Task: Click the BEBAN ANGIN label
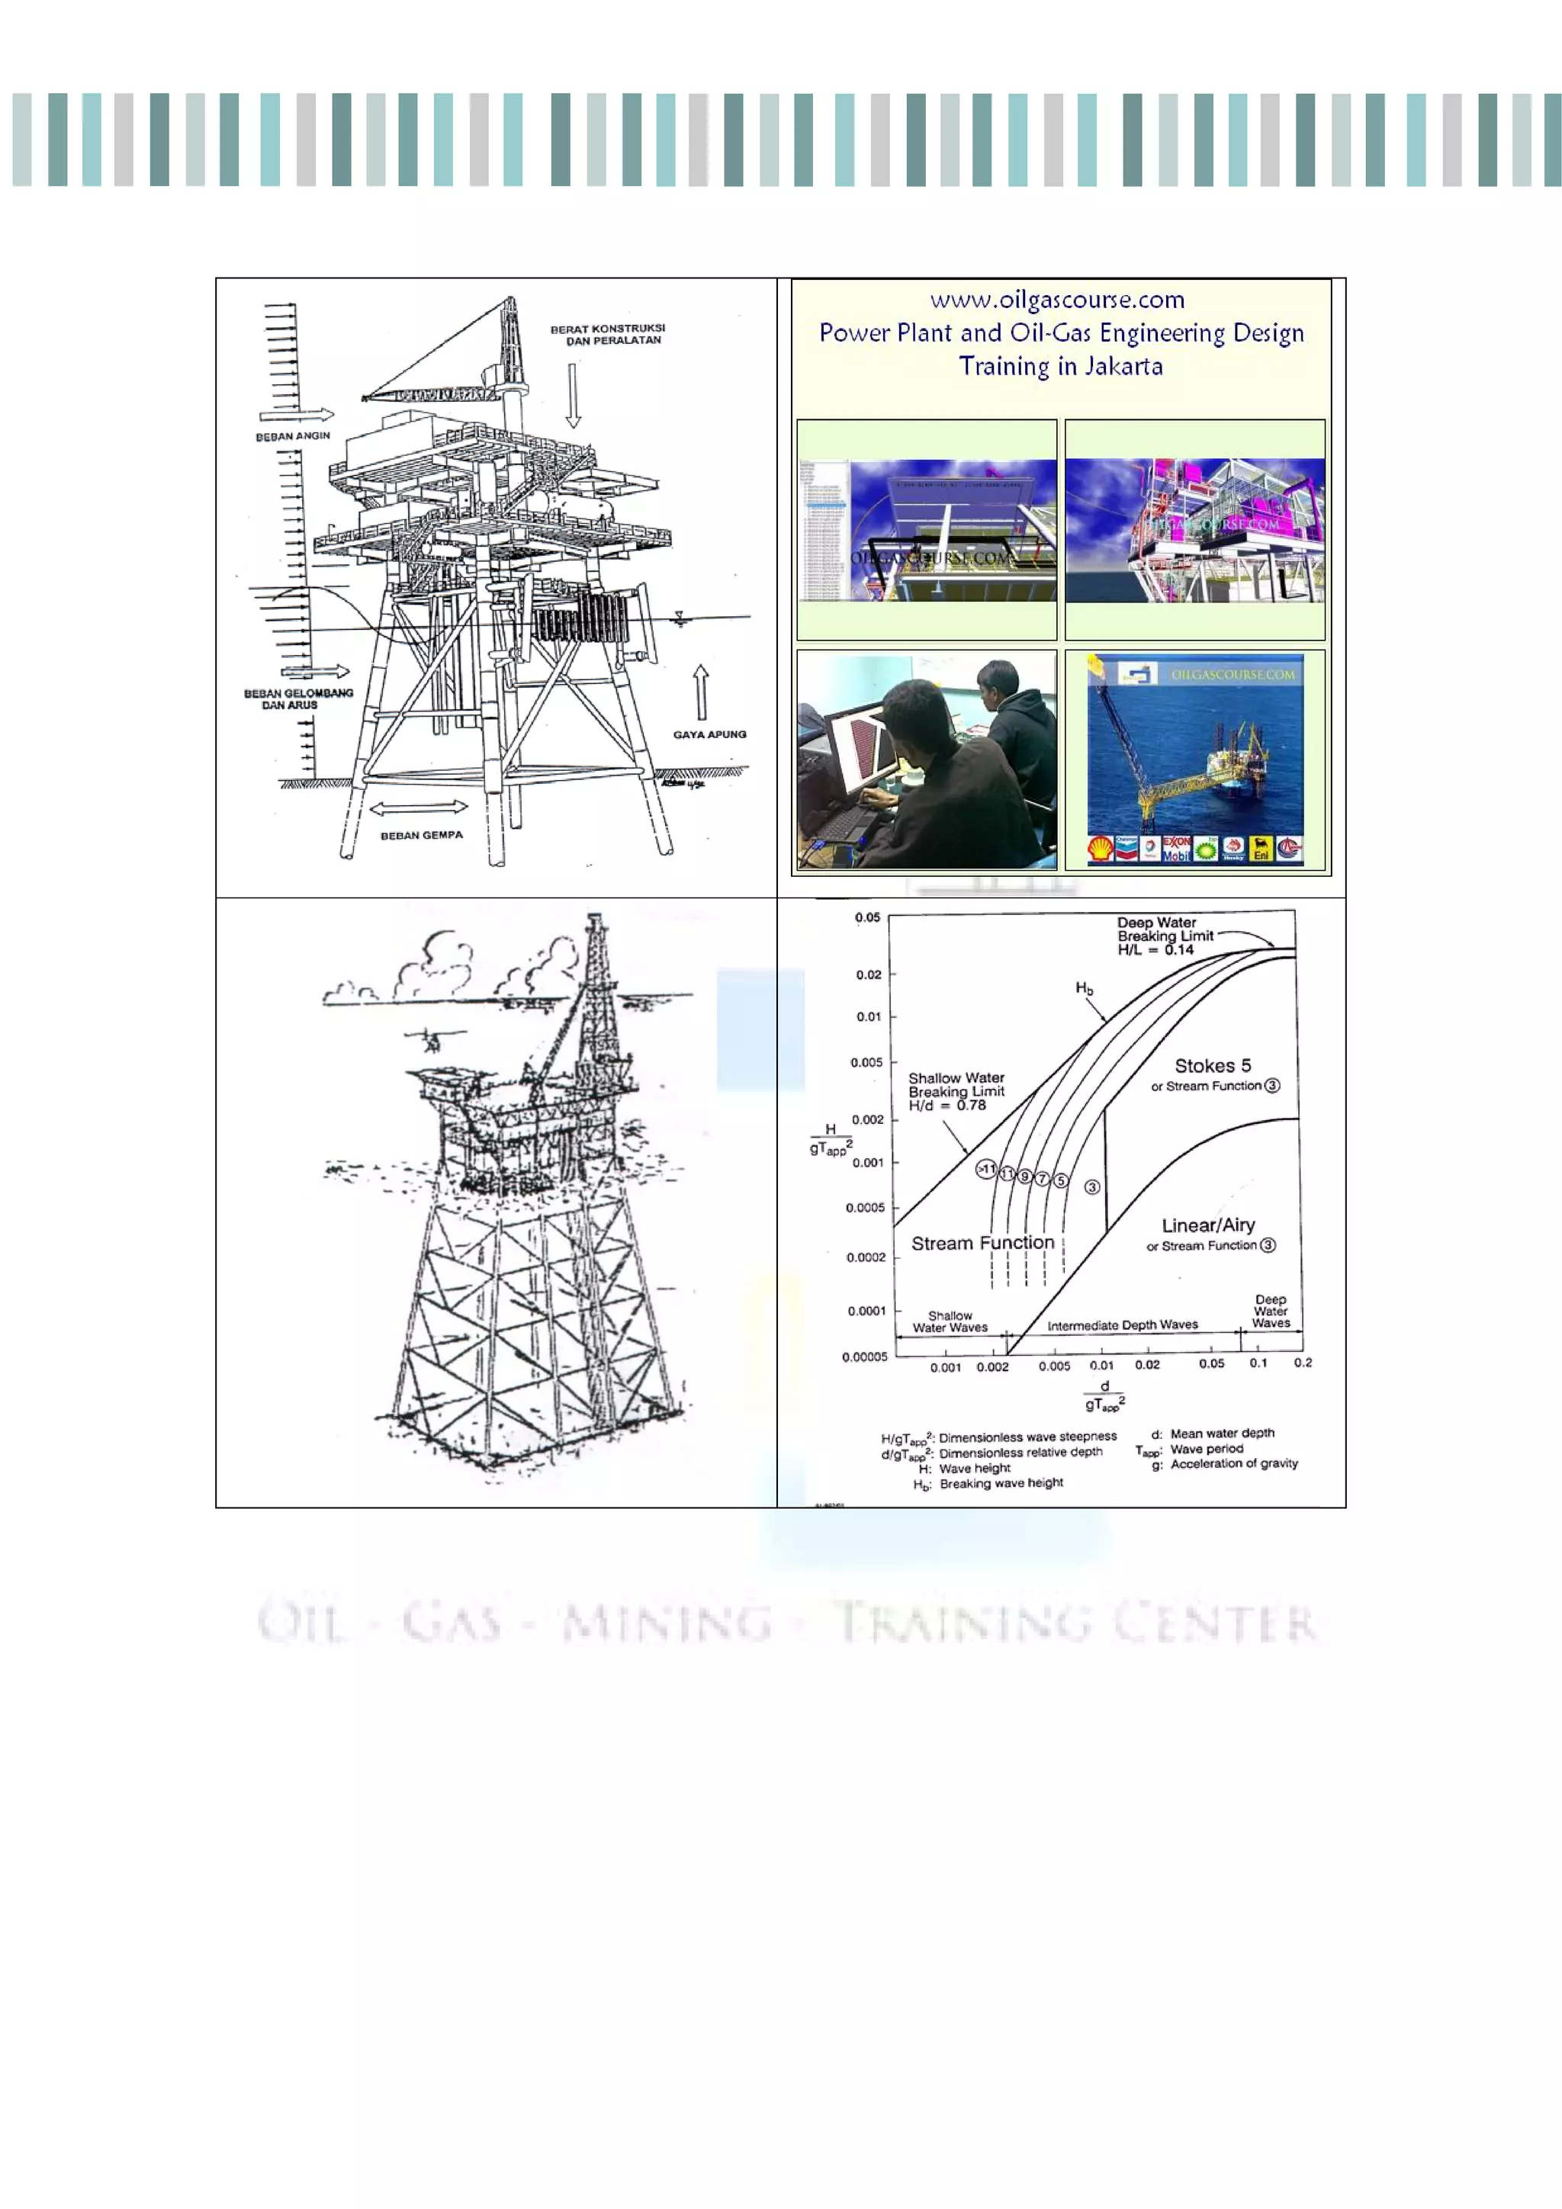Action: point(293,436)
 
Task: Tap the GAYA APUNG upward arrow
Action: point(702,692)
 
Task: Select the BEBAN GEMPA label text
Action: point(422,835)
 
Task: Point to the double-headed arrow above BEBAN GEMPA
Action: point(419,808)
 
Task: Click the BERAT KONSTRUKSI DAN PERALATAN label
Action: point(607,334)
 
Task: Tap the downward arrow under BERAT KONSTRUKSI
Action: point(574,394)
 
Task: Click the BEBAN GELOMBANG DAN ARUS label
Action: point(298,698)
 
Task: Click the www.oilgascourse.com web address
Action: point(1057,300)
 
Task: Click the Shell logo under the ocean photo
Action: point(1100,849)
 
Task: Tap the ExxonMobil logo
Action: point(1176,848)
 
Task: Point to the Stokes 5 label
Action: point(1213,1066)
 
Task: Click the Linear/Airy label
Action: point(1208,1225)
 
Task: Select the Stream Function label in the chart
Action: point(982,1243)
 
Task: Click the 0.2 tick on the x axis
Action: point(1302,1363)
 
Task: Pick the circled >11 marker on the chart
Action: point(986,1169)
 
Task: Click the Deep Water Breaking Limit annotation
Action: point(1165,935)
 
